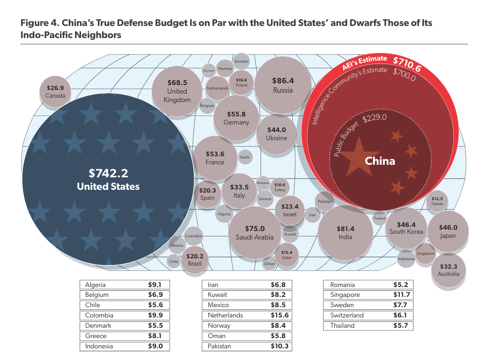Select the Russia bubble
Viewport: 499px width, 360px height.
point(283,85)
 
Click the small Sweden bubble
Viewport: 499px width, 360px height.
point(241,61)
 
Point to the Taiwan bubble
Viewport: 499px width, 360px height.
point(437,201)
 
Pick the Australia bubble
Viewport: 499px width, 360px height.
point(448,270)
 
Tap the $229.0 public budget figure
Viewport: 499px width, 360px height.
point(375,119)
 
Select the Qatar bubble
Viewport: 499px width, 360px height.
point(286,255)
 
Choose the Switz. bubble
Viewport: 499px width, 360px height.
point(245,157)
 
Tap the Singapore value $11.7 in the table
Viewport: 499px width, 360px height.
point(400,295)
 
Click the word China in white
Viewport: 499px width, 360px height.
point(380,161)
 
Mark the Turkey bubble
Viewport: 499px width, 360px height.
point(280,187)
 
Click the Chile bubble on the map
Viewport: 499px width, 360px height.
point(174,261)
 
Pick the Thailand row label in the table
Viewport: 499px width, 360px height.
point(342,326)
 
